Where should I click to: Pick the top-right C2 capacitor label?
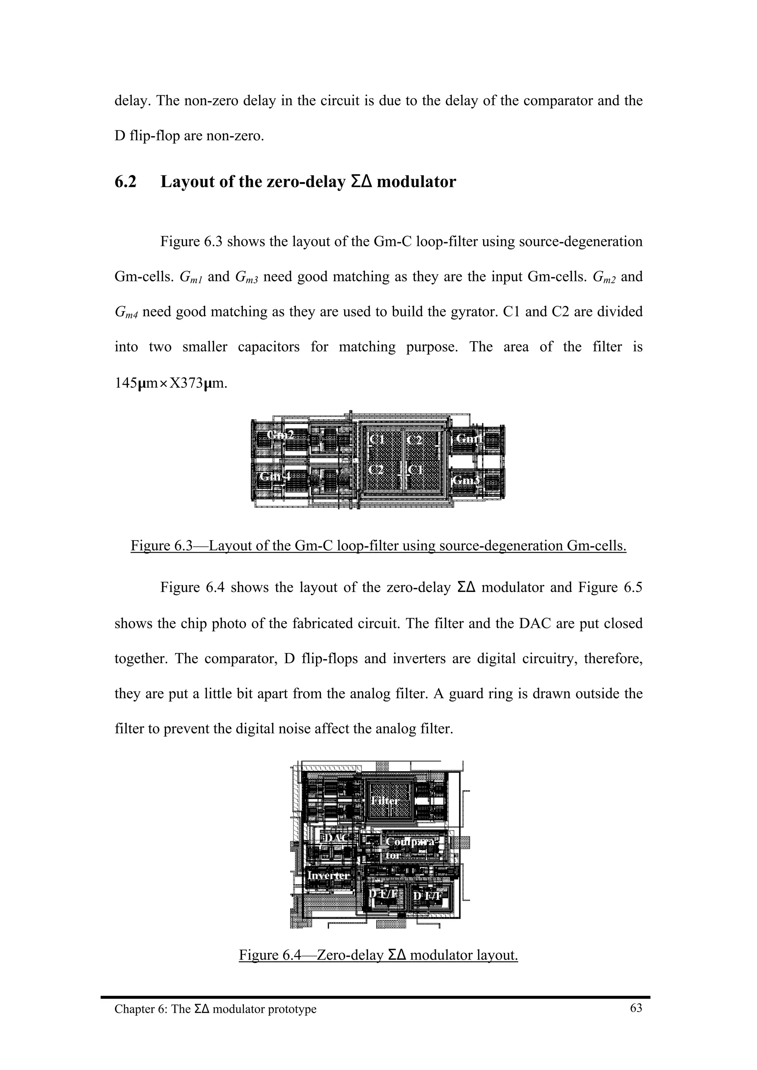coord(414,439)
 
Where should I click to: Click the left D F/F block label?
coord(383,894)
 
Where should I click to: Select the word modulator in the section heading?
coord(416,182)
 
